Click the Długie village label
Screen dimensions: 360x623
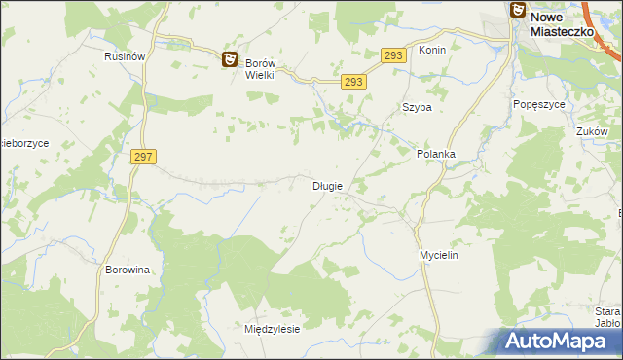pyautogui.click(x=326, y=186)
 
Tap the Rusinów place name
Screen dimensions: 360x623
pyautogui.click(x=125, y=57)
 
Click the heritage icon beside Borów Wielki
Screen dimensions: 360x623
pyautogui.click(x=230, y=60)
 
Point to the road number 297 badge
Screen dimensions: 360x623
pyautogui.click(x=142, y=157)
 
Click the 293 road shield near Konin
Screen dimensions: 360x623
pyautogui.click(x=392, y=56)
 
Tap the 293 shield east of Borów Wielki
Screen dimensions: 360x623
pyautogui.click(x=353, y=83)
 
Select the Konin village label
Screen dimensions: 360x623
pyautogui.click(x=431, y=50)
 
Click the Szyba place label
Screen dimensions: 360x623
pyautogui.click(x=417, y=108)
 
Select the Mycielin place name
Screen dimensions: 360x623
pyautogui.click(x=438, y=254)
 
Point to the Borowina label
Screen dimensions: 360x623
pyautogui.click(x=127, y=270)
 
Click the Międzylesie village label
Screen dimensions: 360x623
pyautogui.click(x=272, y=329)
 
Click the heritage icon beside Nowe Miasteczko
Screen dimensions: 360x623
pyautogui.click(x=517, y=10)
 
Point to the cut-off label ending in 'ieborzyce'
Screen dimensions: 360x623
pyautogui.click(x=31, y=143)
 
